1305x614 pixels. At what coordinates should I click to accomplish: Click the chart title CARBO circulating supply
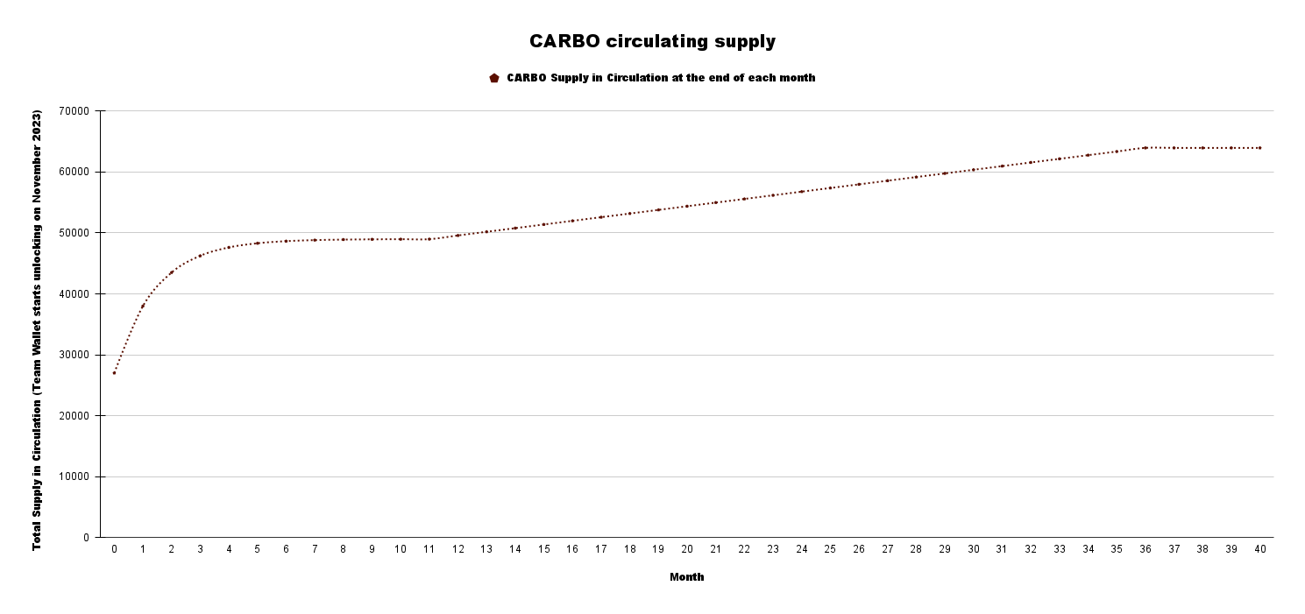[652, 41]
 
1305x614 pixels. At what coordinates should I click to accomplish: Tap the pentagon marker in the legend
[494, 78]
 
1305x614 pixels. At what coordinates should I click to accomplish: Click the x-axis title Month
[686, 577]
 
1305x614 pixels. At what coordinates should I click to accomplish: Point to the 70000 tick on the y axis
[74, 111]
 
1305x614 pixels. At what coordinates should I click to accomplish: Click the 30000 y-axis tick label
[74, 355]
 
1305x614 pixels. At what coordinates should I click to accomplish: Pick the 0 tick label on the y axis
[86, 538]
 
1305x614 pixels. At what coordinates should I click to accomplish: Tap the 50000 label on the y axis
[74, 233]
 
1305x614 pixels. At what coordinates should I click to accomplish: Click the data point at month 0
[114, 373]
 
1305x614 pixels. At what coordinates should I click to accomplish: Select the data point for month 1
[143, 306]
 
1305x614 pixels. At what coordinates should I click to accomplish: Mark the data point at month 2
[171, 272]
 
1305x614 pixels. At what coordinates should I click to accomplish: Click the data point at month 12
[457, 236]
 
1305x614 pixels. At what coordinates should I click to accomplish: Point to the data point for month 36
[1145, 148]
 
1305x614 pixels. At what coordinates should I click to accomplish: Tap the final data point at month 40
[1259, 148]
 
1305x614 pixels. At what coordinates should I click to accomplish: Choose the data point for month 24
[801, 192]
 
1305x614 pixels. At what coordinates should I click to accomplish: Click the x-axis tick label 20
[687, 549]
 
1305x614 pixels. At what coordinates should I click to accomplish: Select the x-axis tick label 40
[1259, 549]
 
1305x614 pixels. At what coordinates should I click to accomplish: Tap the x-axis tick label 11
[429, 549]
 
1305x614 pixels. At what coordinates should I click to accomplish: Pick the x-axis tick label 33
[1059, 549]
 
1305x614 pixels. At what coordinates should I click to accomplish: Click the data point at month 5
[257, 243]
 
